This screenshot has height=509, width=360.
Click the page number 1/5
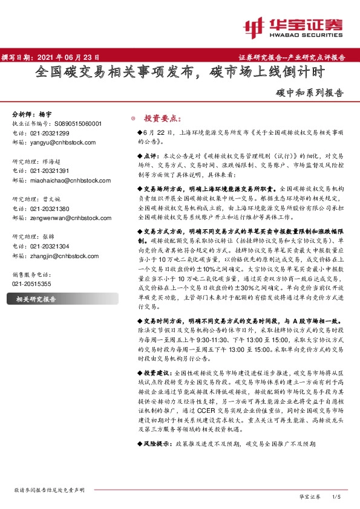point(338,496)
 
